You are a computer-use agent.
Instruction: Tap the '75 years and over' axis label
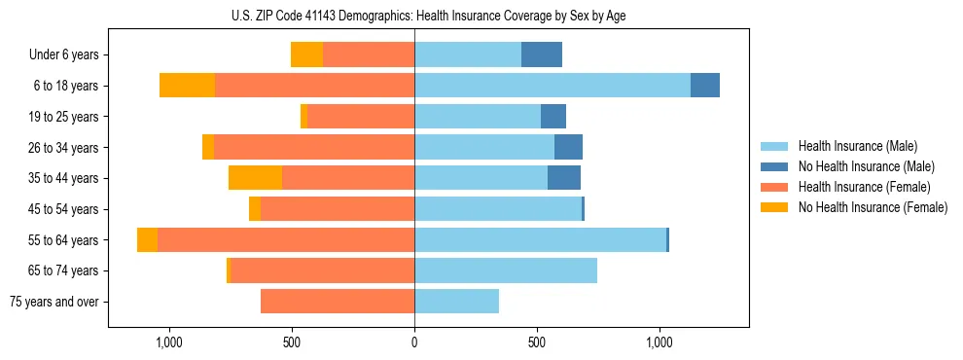click(53, 302)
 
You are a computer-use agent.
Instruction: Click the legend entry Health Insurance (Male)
click(857, 146)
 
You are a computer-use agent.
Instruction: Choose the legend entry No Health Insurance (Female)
click(873, 207)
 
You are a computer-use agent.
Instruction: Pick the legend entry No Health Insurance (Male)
click(866, 166)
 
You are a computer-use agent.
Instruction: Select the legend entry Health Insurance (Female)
click(865, 187)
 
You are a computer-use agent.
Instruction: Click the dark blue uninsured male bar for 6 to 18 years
click(705, 86)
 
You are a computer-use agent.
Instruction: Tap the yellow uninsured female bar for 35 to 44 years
click(255, 178)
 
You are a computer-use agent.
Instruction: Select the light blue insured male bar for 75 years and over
click(456, 302)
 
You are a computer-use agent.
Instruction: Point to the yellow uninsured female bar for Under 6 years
click(306, 55)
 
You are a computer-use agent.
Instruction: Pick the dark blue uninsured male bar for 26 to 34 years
click(568, 147)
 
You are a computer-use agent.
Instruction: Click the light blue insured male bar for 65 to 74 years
click(506, 270)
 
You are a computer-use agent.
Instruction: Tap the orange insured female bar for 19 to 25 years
click(361, 117)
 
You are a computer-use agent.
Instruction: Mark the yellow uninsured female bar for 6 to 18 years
click(187, 86)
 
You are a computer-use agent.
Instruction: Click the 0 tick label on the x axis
click(414, 342)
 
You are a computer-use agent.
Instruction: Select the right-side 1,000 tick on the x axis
click(660, 342)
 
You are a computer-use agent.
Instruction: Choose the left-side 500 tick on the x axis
click(292, 342)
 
